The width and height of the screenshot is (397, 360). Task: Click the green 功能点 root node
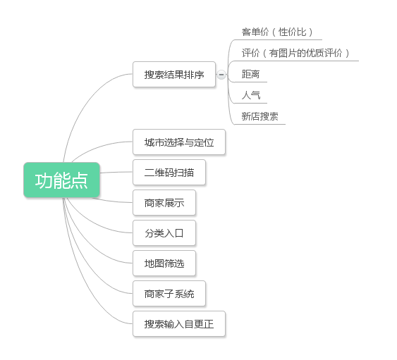(62, 180)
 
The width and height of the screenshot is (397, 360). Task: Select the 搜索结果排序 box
(174, 75)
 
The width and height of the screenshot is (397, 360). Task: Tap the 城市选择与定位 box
(179, 142)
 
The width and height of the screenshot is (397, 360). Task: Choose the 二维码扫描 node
(169, 173)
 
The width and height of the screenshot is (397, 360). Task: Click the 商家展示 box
(164, 203)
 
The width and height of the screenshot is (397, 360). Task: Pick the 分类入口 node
(164, 232)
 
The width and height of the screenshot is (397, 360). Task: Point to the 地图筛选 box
(164, 263)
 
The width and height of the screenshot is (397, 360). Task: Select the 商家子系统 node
(169, 294)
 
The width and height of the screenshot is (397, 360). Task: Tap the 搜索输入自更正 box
(179, 324)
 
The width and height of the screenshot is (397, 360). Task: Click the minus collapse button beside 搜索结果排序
(221, 75)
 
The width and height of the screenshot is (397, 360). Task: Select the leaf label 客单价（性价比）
(277, 32)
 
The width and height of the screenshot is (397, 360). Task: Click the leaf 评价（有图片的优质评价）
(295, 53)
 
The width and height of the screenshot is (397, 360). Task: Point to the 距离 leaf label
(250, 75)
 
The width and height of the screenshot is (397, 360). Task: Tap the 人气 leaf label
(251, 95)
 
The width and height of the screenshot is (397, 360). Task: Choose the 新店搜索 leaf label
(260, 117)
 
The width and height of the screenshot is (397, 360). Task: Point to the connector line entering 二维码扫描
(116, 173)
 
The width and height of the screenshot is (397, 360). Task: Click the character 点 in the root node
(79, 180)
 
